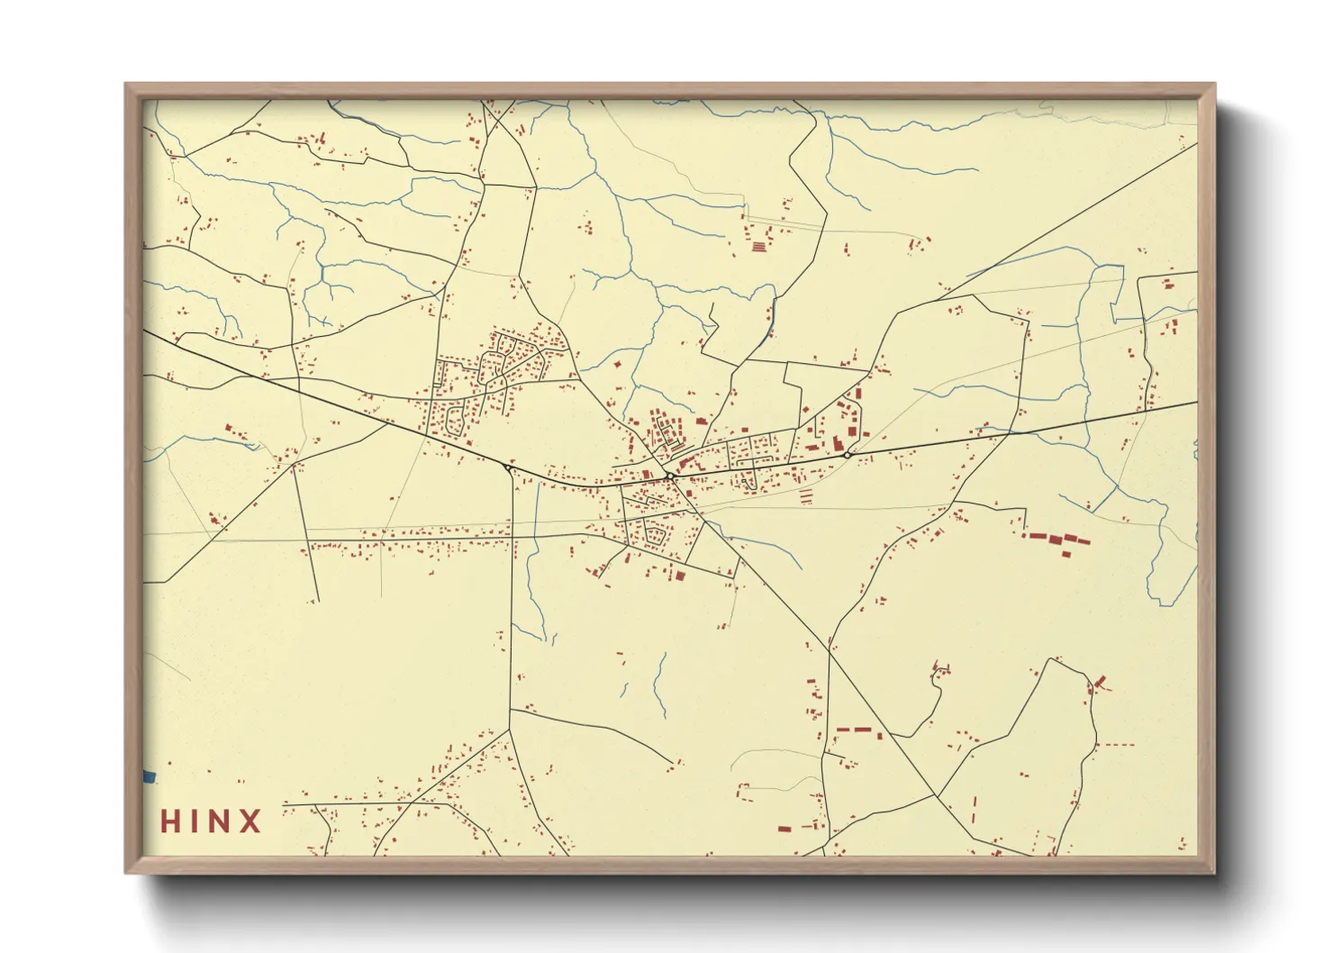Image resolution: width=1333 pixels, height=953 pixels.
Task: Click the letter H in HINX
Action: tap(171, 821)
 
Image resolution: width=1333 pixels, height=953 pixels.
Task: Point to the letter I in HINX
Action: tap(195, 821)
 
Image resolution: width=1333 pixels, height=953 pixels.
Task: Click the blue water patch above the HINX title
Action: tap(150, 776)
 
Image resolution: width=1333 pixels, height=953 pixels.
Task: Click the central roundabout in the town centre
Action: tap(670, 476)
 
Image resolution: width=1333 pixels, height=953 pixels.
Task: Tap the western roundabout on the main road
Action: tap(508, 467)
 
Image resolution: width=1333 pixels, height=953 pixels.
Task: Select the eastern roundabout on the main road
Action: tap(848, 456)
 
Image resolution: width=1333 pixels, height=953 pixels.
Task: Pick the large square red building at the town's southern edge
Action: tap(680, 576)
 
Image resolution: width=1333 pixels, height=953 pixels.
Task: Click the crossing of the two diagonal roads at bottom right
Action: tap(937, 795)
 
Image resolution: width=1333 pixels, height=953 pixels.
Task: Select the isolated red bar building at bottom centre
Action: tap(784, 829)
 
